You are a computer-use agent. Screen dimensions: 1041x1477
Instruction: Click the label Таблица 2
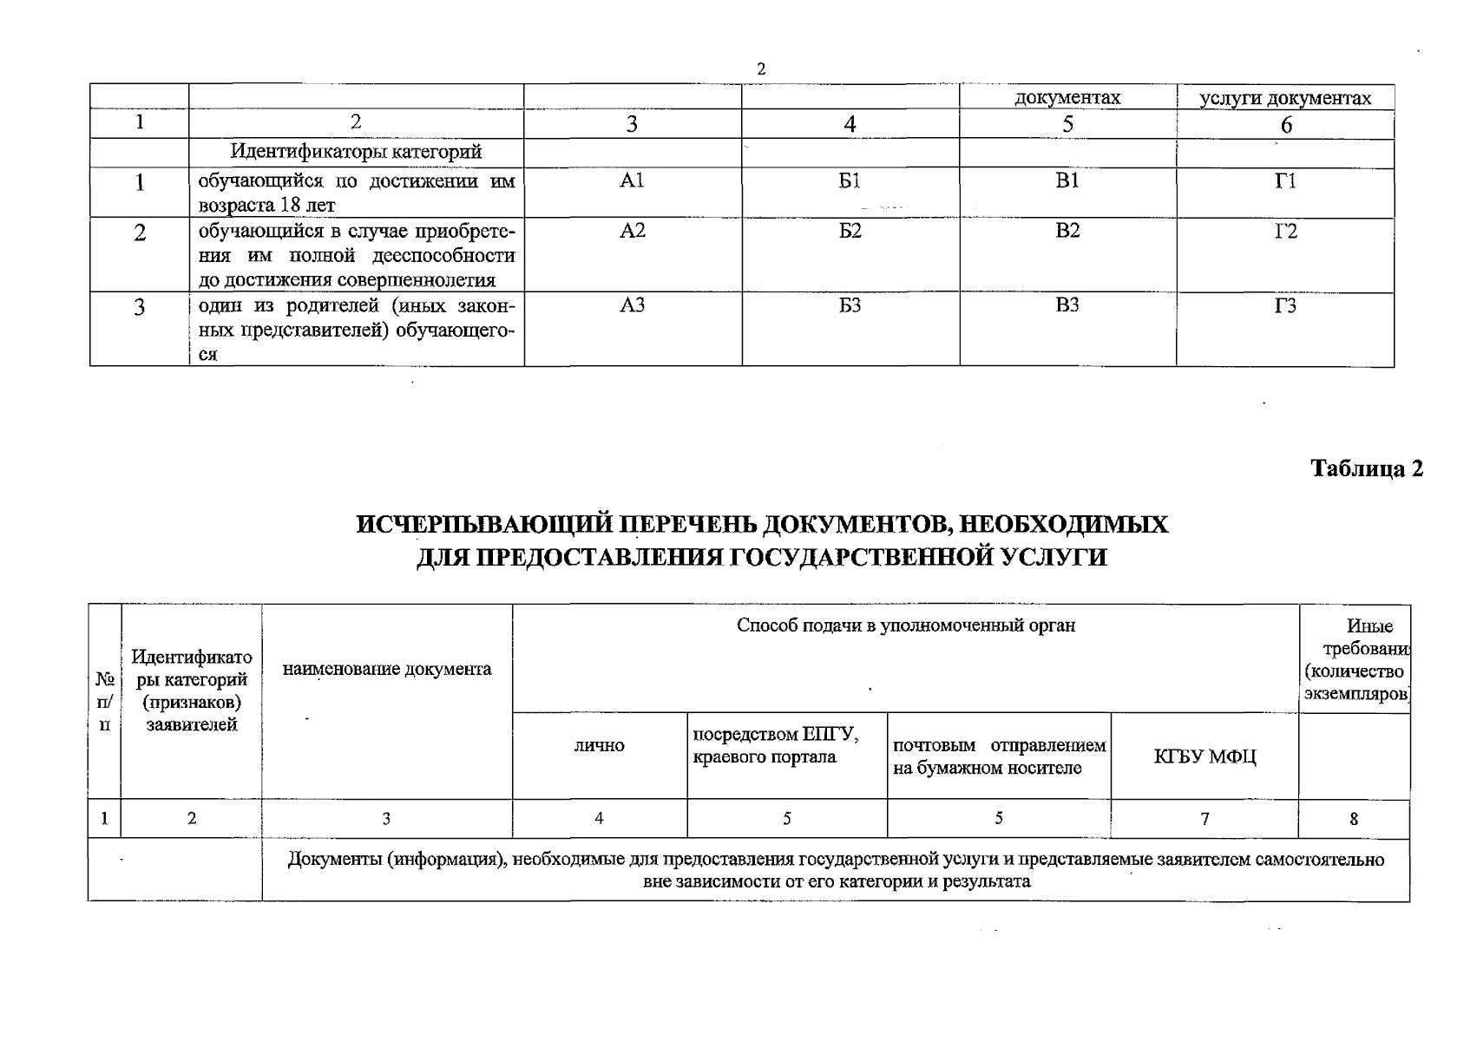pos(1367,468)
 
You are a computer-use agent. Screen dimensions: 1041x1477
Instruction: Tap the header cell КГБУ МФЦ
pos(1205,756)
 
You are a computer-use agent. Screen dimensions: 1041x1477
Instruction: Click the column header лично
pos(599,745)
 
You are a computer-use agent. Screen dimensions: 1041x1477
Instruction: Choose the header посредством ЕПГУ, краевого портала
pos(776,745)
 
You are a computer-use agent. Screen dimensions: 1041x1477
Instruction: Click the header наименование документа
pos(387,669)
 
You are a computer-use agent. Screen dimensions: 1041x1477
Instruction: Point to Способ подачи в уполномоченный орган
pos(905,625)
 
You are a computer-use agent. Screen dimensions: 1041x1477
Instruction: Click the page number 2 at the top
pos(761,69)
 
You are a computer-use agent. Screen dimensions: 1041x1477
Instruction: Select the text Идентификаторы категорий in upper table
pos(356,152)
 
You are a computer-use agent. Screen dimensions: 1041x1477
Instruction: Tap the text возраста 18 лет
pos(267,206)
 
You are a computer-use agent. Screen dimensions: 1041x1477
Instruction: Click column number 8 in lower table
pos(1354,818)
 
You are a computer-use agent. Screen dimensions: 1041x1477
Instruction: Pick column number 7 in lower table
pos(1205,818)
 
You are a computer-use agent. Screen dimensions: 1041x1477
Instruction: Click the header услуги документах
pos(1284,98)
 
